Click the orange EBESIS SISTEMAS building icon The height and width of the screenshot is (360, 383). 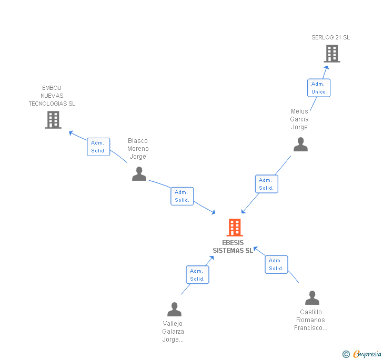235,228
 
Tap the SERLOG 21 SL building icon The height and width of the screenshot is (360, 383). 331,54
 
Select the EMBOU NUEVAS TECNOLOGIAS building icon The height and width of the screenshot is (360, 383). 53,120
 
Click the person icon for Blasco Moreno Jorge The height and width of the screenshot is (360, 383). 139,173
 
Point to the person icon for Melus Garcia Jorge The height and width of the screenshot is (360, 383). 300,144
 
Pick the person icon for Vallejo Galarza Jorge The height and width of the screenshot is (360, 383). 174,309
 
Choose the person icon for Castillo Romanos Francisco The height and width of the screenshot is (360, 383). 312,298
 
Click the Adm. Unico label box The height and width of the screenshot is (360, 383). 318,88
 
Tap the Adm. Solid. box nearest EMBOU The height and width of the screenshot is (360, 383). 98,147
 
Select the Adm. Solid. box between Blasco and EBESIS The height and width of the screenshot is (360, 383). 182,196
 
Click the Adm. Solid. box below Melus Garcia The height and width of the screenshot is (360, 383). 266,184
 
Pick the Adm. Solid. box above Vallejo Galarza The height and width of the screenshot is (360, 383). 197,275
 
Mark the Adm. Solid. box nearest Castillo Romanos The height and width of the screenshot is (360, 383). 276,264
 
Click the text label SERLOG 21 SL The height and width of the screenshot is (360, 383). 330,37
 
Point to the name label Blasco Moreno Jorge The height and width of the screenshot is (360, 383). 138,149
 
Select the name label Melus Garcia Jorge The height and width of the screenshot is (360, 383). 299,119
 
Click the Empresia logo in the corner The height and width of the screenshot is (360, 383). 362,354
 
